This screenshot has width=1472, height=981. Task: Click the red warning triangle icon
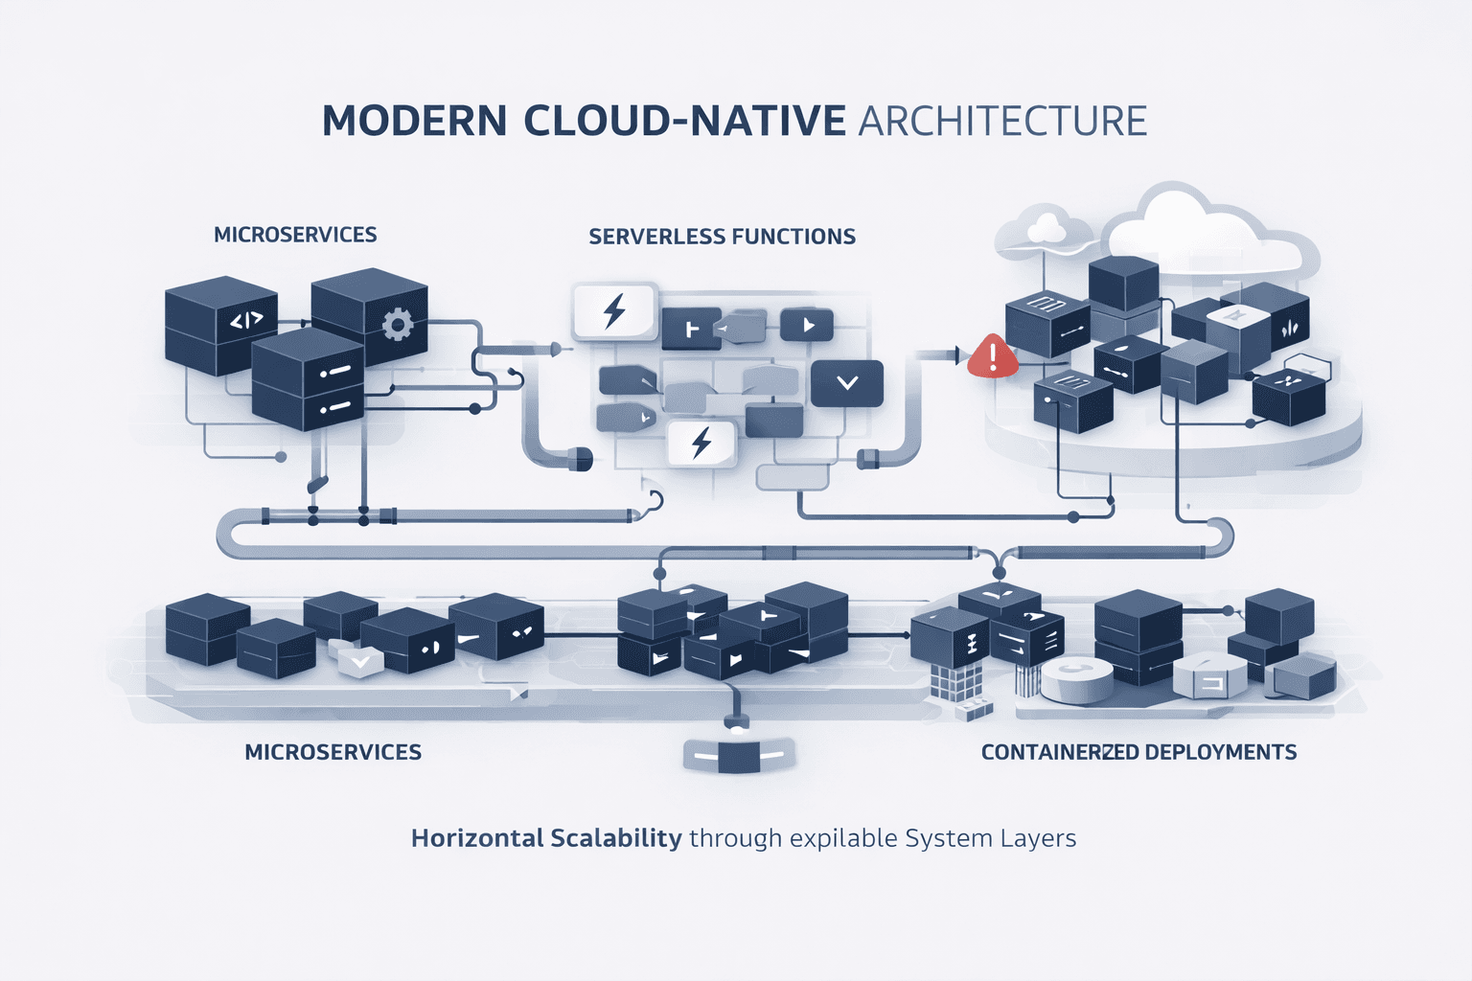[x=993, y=356]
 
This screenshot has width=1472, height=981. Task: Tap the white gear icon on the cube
[x=397, y=324]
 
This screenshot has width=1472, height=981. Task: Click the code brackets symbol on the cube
[x=246, y=321]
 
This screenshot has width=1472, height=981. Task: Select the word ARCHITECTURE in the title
[x=1002, y=122]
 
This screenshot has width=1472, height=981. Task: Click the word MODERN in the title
[x=414, y=122]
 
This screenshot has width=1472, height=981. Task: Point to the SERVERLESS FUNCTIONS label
[x=722, y=237]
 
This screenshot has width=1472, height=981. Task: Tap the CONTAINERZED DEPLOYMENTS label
[x=1138, y=752]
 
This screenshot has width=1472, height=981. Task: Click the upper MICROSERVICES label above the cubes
[x=295, y=235]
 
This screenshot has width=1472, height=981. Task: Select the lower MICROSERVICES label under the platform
[x=333, y=752]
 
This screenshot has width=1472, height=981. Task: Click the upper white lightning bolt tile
[x=614, y=311]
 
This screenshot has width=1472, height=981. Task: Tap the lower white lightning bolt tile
[x=701, y=443]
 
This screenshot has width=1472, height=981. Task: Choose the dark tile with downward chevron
[x=847, y=383]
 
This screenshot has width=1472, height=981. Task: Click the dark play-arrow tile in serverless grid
[x=807, y=326]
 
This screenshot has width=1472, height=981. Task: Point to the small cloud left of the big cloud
[x=1047, y=228]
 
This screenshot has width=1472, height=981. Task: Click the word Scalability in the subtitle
[x=615, y=838]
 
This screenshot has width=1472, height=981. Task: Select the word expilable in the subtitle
[x=843, y=838]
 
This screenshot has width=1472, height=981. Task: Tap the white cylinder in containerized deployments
[x=1077, y=680]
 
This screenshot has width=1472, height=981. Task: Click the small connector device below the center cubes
[x=738, y=755]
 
